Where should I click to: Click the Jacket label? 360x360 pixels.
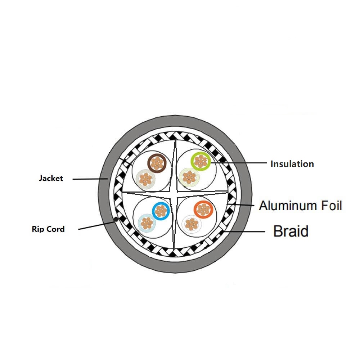pos(51,179)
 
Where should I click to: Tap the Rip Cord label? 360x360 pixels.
pos(48,229)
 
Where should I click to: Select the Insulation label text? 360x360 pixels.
pos(292,164)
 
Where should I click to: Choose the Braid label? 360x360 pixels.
pos(291,231)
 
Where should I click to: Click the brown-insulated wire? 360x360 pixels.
pos(157,163)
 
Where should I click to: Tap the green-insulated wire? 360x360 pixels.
pos(201,162)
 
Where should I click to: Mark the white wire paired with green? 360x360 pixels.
pos(189,177)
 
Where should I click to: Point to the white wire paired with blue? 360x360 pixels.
pos(147,223)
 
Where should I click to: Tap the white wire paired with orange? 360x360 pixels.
pos(192,224)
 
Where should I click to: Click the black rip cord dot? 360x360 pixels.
pos(116,220)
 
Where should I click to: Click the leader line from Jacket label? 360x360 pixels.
pos(90,179)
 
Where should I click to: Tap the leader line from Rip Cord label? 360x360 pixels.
pos(96,225)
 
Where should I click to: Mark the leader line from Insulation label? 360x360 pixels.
pos(238,163)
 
